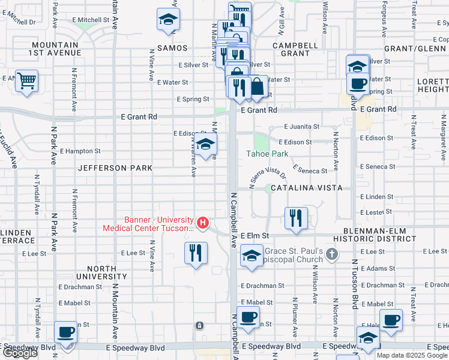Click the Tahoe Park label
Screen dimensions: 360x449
pyautogui.click(x=267, y=154)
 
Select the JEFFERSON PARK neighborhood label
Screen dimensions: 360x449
pyautogui.click(x=115, y=169)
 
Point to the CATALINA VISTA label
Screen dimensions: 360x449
pyautogui.click(x=306, y=188)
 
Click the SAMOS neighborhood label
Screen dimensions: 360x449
pyautogui.click(x=172, y=48)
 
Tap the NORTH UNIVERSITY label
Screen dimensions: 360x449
pyautogui.click(x=98, y=277)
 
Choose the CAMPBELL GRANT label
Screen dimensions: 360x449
pyautogui.click(x=295, y=49)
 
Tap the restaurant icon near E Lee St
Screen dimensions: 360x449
pyautogui.click(x=196, y=252)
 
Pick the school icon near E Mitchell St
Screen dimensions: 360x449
pyautogui.click(x=168, y=20)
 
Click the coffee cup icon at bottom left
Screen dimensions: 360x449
pyautogui.click(x=66, y=331)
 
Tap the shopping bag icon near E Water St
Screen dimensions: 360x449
pyautogui.click(x=257, y=86)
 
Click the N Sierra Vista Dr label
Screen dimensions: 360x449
pyautogui.click(x=268, y=175)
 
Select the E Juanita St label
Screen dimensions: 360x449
pyautogui.click(x=303, y=127)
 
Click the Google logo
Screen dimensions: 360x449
pyautogui.click(x=20, y=353)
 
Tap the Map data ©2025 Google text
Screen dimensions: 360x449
pyautogui.click(x=412, y=355)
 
